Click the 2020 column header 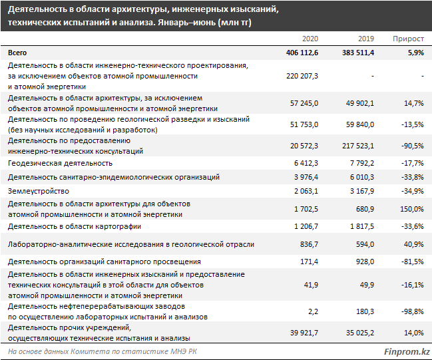310,39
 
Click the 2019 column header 366,39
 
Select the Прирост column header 408,39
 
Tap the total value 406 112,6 302,53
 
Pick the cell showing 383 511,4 358,53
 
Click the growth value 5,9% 416,53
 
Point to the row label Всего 17,53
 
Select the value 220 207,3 302,76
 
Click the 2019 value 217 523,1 358,146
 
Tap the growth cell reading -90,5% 413,146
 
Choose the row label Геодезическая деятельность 60,163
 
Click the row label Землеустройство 39,191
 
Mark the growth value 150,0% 412,209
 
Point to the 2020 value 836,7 309,244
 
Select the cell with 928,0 365,262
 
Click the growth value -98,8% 413,311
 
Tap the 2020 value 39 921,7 304,333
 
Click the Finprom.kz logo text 407,352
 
